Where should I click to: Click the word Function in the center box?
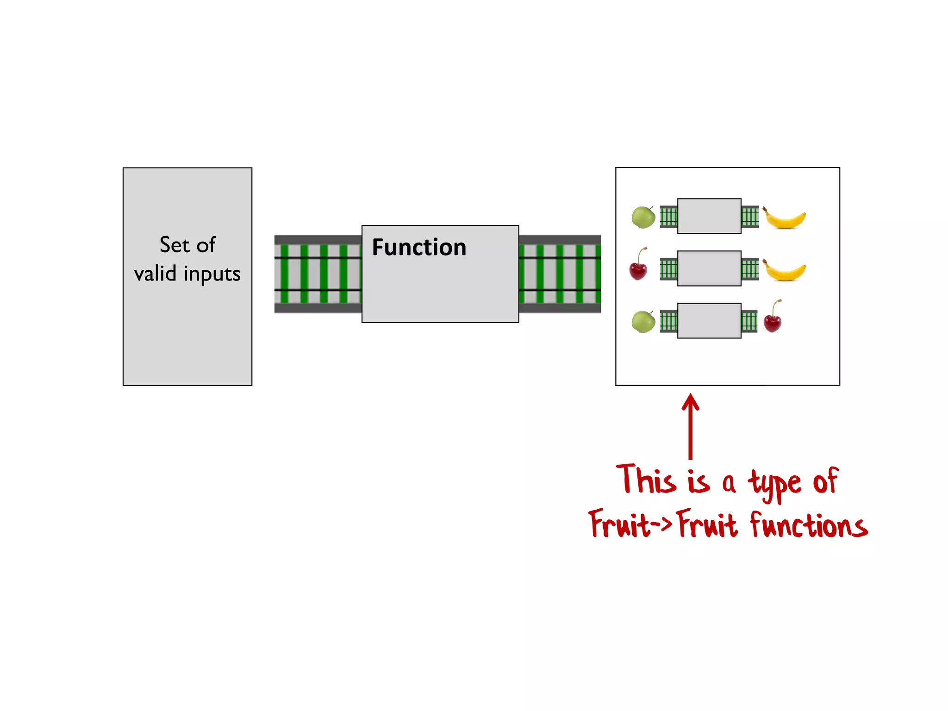418,247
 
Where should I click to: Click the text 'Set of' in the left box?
187,245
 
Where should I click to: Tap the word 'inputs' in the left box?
212,274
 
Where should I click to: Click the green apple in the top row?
643,217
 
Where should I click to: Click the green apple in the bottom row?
643,322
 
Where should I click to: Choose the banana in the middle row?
784,271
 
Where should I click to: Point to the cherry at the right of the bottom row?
773,318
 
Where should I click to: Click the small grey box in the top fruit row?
709,216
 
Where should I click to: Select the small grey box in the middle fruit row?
709,268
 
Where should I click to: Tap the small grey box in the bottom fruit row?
709,321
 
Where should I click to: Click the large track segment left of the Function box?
318,274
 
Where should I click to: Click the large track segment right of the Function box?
560,274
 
